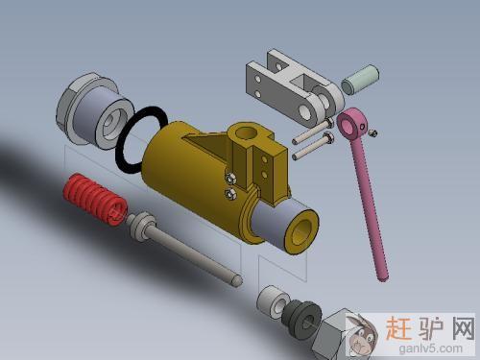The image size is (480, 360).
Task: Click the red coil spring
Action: [x=95, y=200]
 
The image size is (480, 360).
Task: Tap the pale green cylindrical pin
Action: [x=360, y=80]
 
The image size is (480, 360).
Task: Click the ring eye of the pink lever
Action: [x=352, y=124]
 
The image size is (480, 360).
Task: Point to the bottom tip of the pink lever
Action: [x=383, y=279]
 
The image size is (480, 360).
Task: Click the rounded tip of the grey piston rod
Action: [x=237, y=280]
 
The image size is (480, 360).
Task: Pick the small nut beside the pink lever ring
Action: [x=372, y=132]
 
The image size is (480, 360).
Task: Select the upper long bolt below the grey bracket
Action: [x=313, y=132]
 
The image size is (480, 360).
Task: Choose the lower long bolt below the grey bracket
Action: [x=313, y=146]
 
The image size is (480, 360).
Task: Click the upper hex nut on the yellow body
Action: [x=230, y=179]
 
